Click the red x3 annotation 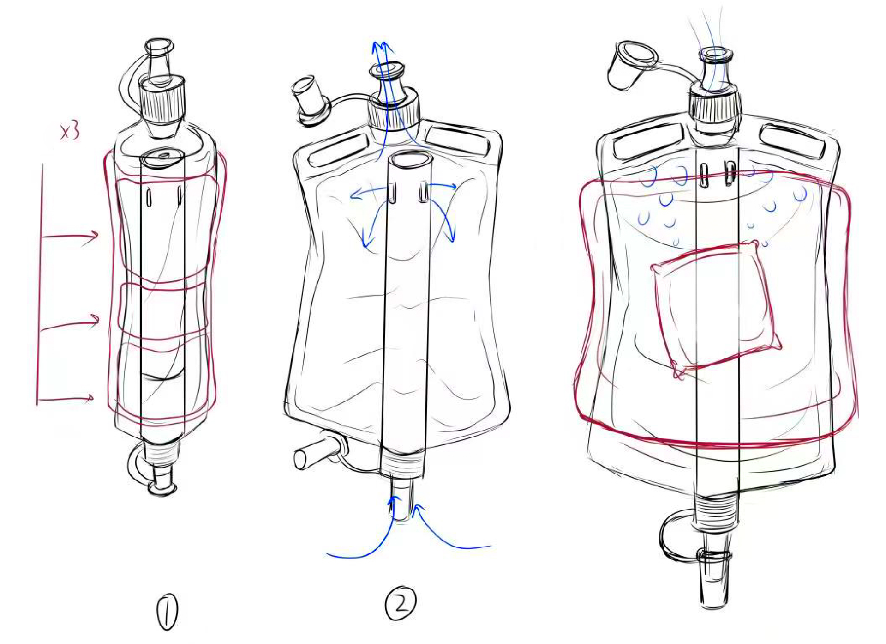click(70, 132)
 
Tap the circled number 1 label click(167, 611)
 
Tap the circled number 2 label click(401, 603)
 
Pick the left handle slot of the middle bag click(339, 149)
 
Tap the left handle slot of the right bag click(648, 140)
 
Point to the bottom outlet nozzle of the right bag click(713, 579)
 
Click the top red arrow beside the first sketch click(69, 237)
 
